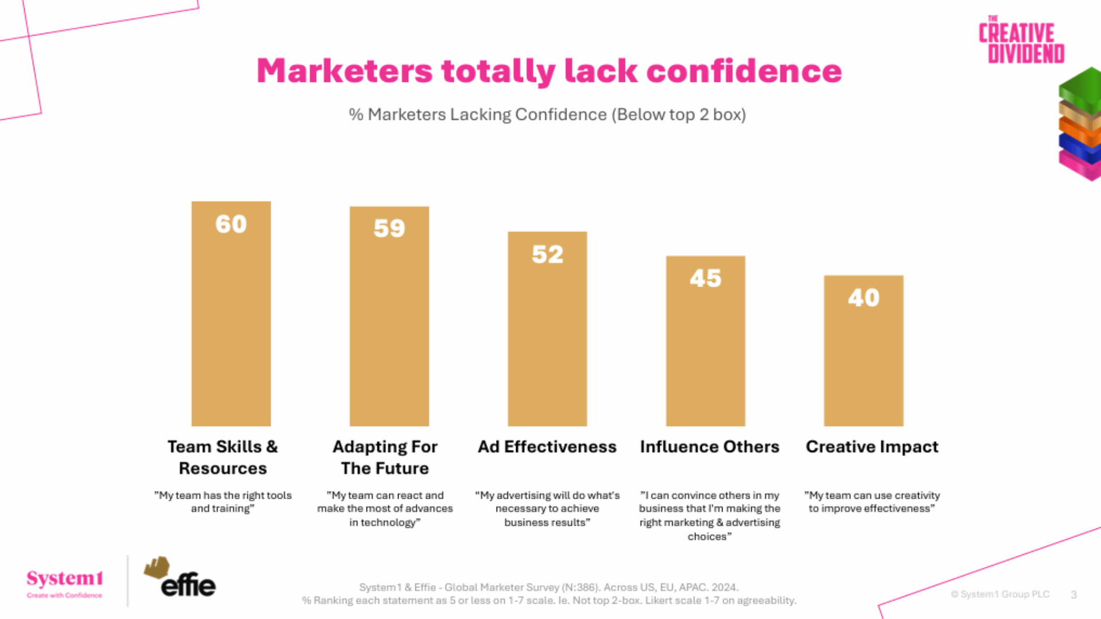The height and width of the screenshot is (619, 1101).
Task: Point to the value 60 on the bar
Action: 231,224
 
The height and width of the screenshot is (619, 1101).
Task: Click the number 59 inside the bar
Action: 389,229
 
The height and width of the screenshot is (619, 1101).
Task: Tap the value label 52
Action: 547,254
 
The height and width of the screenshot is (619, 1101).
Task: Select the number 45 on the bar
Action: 705,279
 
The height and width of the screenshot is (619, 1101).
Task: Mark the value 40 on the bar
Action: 864,298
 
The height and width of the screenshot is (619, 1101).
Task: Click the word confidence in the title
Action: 744,71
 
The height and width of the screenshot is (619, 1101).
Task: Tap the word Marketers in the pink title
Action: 344,71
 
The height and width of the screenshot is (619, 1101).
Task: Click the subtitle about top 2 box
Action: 547,115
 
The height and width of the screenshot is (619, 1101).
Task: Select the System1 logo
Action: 65,582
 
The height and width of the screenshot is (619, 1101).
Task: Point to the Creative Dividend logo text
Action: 1021,40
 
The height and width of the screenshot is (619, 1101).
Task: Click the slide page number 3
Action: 1073,595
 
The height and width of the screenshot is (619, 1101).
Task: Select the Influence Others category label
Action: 709,446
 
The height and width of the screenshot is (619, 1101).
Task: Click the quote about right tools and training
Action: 223,502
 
